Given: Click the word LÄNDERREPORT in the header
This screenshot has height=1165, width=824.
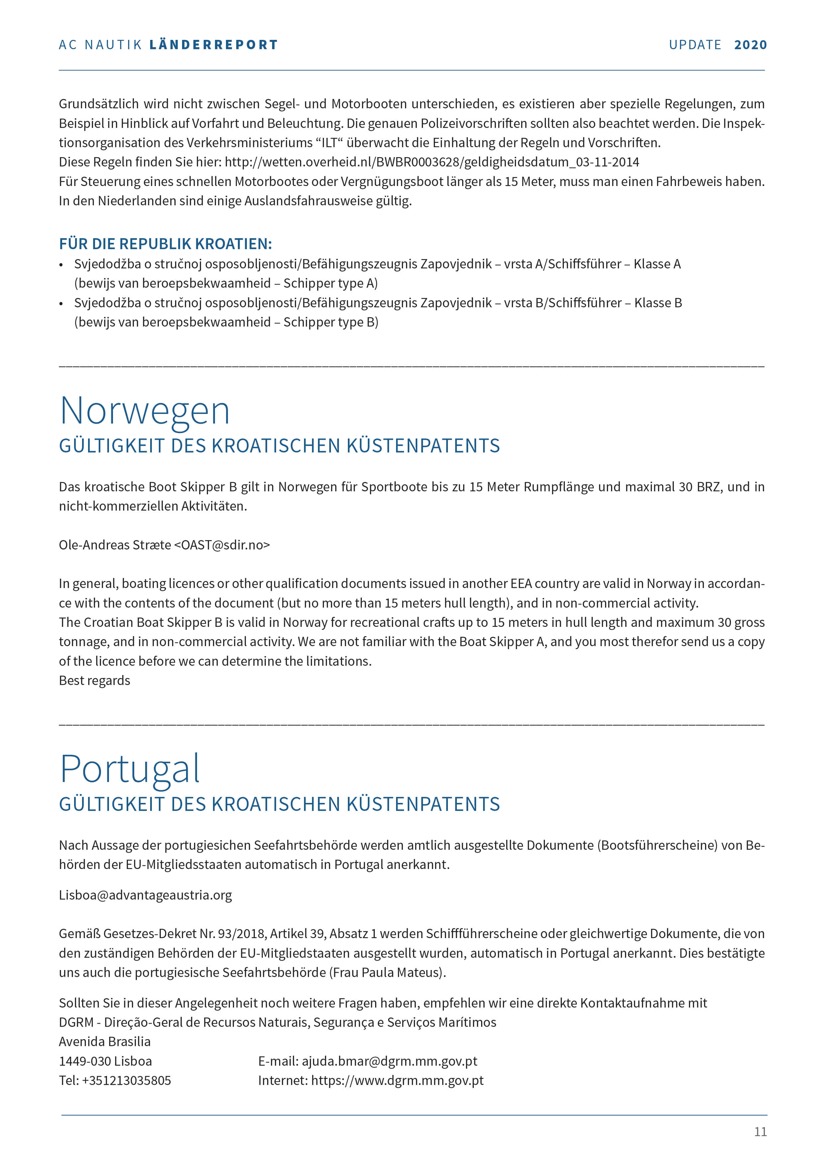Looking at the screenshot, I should point(214,45).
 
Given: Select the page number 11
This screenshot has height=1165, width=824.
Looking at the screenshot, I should point(760,1131).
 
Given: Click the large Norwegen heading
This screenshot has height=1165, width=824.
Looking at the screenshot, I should point(145,411).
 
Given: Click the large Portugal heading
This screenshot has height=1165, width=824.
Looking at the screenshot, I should point(130,769).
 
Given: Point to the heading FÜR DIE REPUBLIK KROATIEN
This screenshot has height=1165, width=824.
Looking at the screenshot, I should point(165,244).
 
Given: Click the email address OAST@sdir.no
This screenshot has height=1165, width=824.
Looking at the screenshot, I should point(222,545).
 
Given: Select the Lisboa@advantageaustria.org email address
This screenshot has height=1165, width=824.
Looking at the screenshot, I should point(145,895).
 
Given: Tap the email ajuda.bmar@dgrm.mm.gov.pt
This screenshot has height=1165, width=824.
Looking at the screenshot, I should point(389,1061).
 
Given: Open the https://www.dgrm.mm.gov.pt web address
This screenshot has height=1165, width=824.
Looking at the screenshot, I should point(397,1080).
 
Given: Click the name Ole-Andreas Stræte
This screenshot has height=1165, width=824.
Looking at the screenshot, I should point(115,545).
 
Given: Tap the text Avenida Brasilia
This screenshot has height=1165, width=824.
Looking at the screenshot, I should point(105,1042).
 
